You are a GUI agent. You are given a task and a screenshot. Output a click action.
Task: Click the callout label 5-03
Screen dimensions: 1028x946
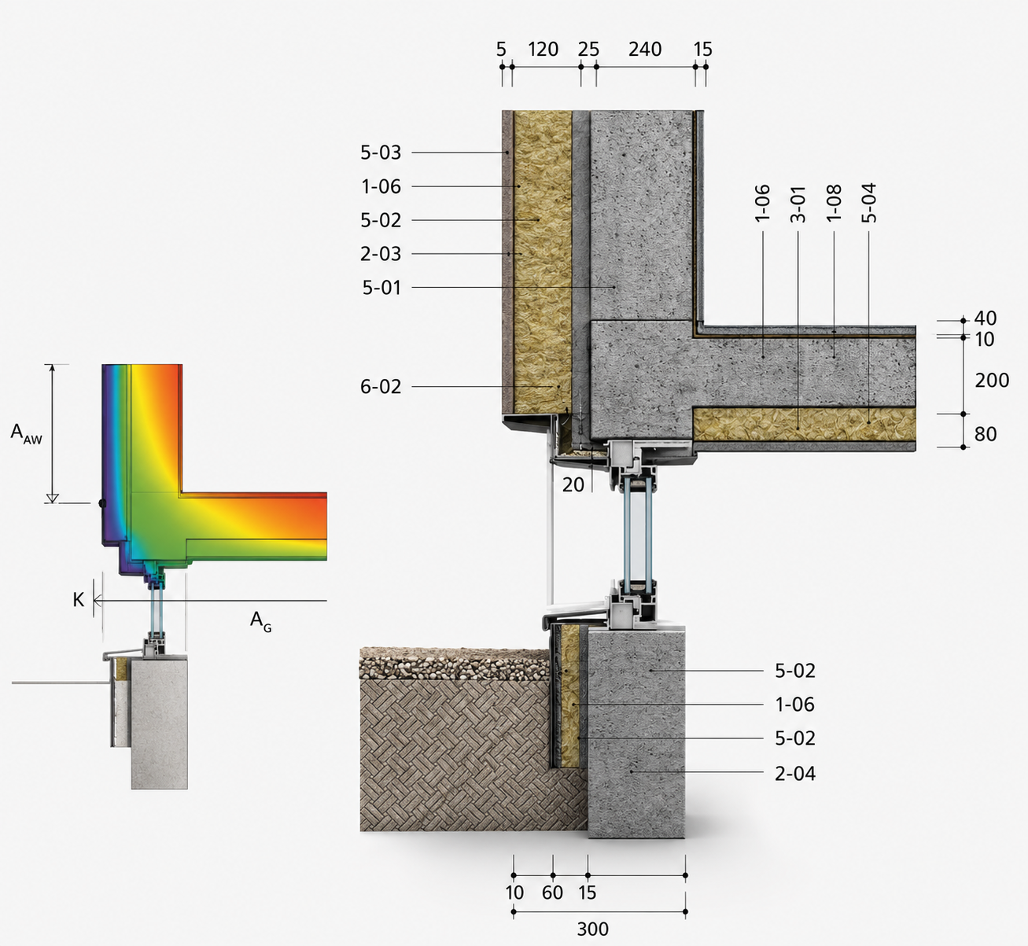[x=380, y=153]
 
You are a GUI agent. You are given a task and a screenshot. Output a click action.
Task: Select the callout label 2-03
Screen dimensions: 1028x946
[x=380, y=254]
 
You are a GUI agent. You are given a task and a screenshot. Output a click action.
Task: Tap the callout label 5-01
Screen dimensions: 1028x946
[x=381, y=288]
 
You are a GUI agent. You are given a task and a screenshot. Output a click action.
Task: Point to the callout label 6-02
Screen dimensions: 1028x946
[x=380, y=386]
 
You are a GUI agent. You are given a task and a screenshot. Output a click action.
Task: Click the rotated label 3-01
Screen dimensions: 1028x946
[x=798, y=204]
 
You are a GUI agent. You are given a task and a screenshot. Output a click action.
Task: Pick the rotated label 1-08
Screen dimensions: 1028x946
[x=834, y=203]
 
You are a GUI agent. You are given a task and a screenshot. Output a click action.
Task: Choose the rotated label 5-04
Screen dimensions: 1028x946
[x=868, y=203]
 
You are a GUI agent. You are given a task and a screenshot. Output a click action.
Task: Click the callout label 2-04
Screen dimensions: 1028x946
[x=795, y=773]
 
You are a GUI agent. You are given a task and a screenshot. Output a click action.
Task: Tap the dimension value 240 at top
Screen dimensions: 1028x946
[x=645, y=50]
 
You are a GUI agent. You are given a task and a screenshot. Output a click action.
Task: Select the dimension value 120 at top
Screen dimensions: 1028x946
[x=543, y=50]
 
